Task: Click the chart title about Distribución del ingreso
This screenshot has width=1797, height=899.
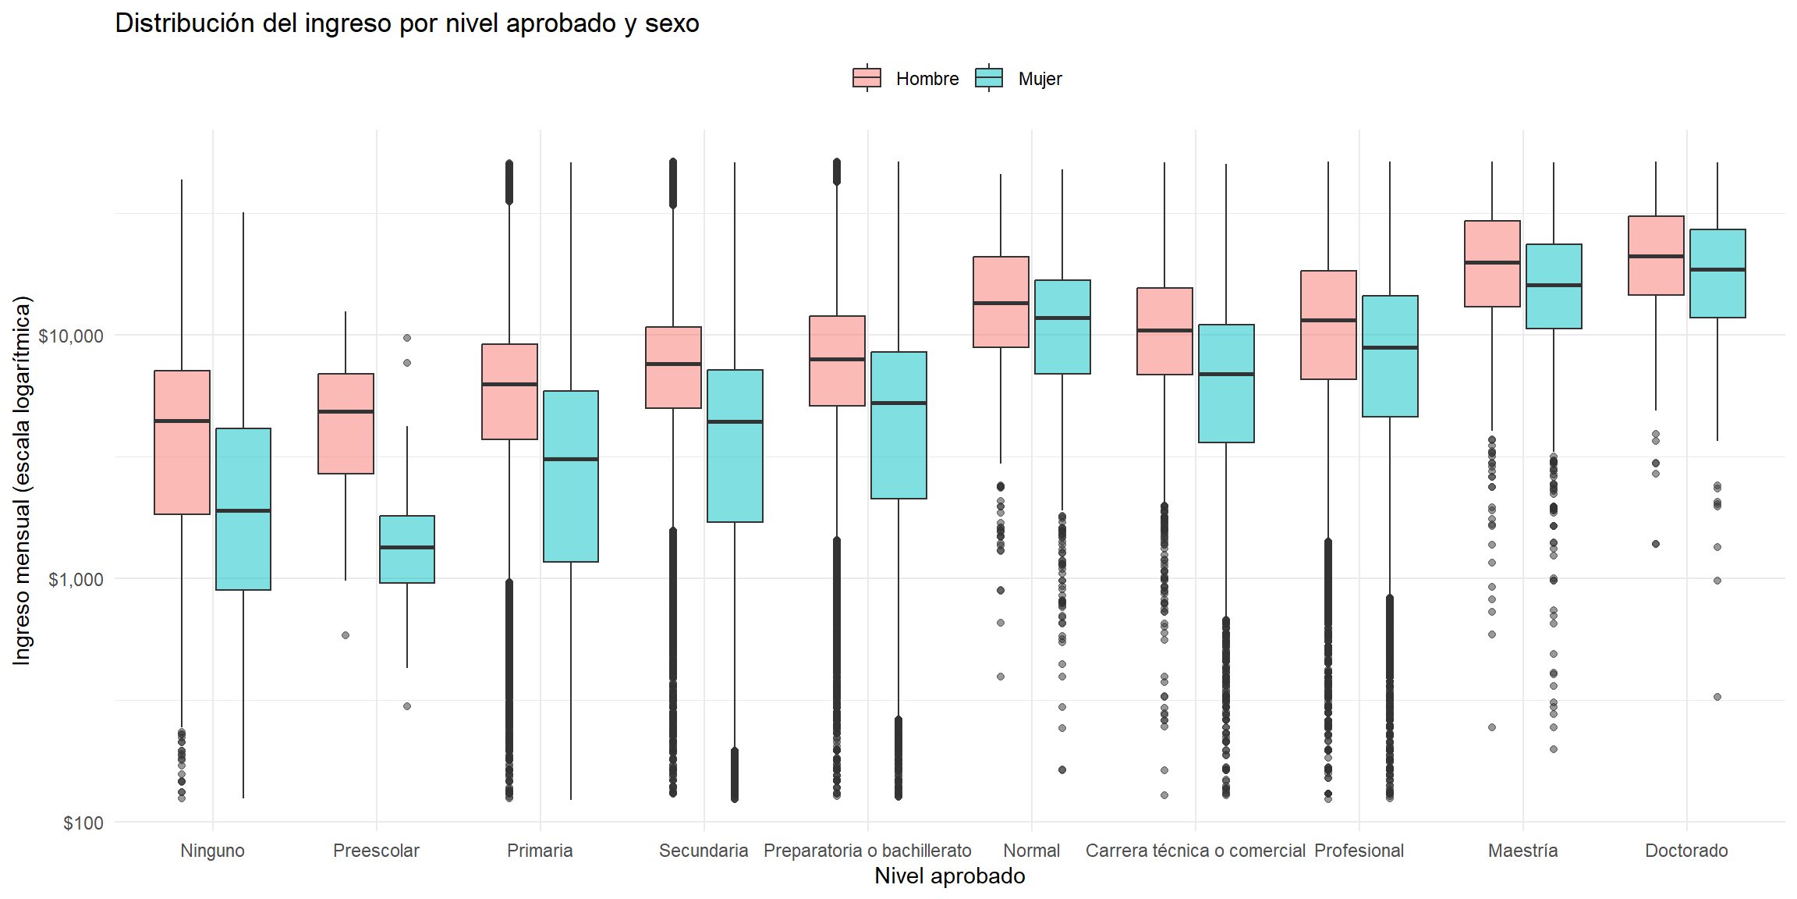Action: (x=406, y=23)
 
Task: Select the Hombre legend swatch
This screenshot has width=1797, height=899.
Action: (x=867, y=78)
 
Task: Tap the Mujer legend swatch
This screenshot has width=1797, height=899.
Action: (x=989, y=78)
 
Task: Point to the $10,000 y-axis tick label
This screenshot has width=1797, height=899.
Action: (x=71, y=336)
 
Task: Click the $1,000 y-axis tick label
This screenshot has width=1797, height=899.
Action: (x=75, y=580)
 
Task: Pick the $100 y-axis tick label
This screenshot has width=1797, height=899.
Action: (x=83, y=823)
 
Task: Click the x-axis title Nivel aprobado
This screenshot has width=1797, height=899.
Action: (x=949, y=876)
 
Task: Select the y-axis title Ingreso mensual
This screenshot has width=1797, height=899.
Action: (x=22, y=480)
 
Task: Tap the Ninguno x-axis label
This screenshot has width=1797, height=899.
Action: (x=212, y=851)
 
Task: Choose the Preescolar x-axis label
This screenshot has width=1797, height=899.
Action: (x=376, y=851)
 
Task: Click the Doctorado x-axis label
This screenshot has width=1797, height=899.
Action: (x=1686, y=851)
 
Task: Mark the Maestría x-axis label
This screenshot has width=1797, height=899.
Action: (x=1522, y=851)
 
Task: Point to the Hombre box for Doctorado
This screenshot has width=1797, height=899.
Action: (x=1656, y=234)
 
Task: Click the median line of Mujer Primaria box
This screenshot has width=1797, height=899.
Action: (x=571, y=459)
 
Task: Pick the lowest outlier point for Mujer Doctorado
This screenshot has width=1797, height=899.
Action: (x=1717, y=697)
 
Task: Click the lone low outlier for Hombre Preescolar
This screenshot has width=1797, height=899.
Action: (x=346, y=635)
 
